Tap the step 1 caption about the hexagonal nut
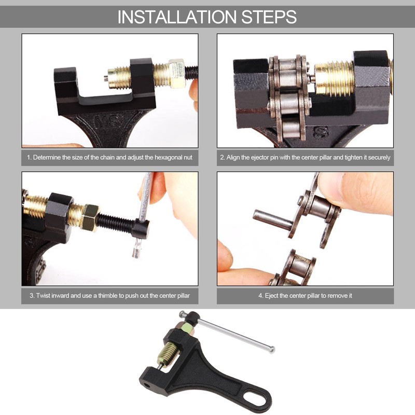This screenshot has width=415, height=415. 109,157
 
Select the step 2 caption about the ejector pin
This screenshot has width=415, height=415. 305,157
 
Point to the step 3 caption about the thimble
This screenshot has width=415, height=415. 109,295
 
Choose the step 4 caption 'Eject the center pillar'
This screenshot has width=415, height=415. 305,295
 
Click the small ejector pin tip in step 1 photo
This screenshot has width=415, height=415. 105,79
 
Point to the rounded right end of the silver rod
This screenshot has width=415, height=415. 272,350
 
